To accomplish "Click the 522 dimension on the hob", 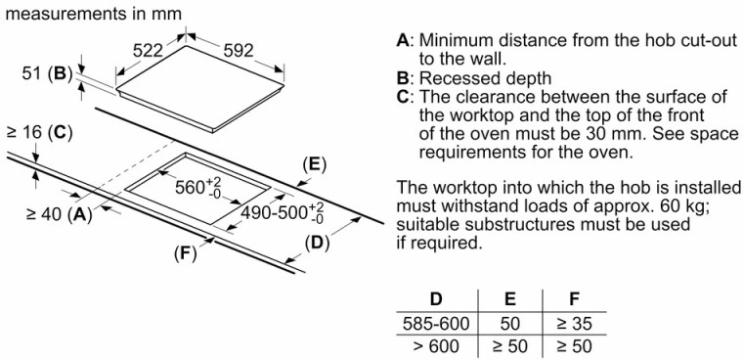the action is pyautogui.click(x=148, y=51).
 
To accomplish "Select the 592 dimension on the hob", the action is pyautogui.click(x=240, y=51).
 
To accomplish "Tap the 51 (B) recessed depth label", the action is pyautogui.click(x=47, y=74).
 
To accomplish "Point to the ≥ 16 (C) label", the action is pyautogui.click(x=39, y=134).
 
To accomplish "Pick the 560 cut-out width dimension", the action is pyautogui.click(x=198, y=188).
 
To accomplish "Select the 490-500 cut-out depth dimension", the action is pyautogui.click(x=282, y=214).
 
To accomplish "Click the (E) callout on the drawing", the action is pyautogui.click(x=314, y=165).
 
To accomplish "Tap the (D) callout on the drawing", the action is pyautogui.click(x=317, y=244).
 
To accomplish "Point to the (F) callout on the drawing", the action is pyautogui.click(x=186, y=254).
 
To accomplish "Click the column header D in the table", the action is pyautogui.click(x=435, y=299).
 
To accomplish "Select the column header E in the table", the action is pyautogui.click(x=510, y=299).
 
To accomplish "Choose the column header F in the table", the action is pyautogui.click(x=575, y=299).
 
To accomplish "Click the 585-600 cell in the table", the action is pyautogui.click(x=436, y=324).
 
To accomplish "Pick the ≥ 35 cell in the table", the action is pyautogui.click(x=575, y=324).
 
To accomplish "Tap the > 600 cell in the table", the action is pyautogui.click(x=436, y=346).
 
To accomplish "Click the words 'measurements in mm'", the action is pyautogui.click(x=93, y=14).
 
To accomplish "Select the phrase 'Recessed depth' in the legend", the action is pyautogui.click(x=485, y=78).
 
